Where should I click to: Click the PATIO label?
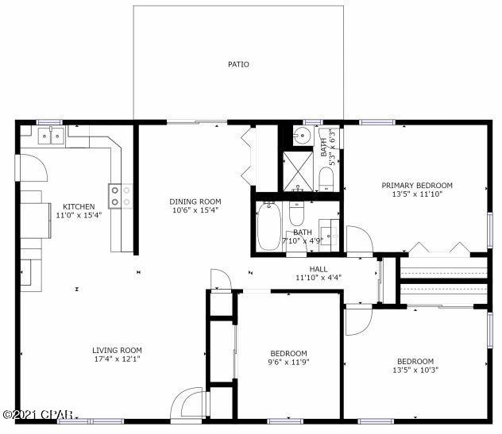[238, 64]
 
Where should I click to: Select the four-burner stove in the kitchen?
[120, 195]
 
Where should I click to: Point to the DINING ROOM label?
[195, 202]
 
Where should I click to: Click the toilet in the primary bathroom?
[326, 176]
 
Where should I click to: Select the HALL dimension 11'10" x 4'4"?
[318, 278]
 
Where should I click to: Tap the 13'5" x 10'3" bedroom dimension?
[416, 369]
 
